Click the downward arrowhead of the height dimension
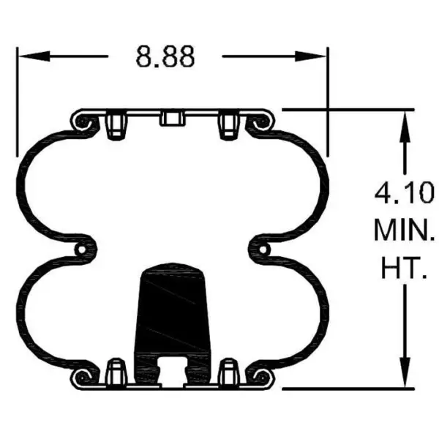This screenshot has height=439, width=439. point(404,378)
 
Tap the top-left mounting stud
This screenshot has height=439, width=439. point(115,125)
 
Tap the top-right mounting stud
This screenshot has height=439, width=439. point(228,125)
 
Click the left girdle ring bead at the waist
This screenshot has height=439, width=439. point(86,250)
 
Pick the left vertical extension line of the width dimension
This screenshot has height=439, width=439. point(17,102)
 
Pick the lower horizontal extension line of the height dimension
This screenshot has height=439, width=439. point(344,389)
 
